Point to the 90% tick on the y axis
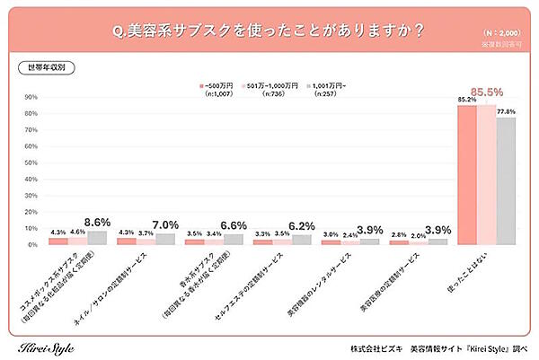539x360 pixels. click(x=31, y=97)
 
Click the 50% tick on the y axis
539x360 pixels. click(x=31, y=162)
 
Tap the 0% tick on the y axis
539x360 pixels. click(x=32, y=244)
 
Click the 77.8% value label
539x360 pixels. click(x=508, y=112)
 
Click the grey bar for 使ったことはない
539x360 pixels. click(x=507, y=180)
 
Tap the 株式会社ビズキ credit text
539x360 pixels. click(x=378, y=347)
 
